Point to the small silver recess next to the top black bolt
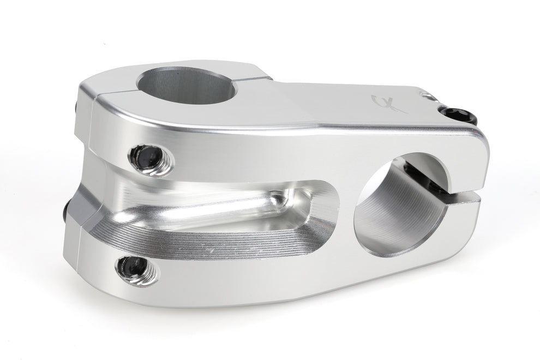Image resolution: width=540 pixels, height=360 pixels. (431, 97)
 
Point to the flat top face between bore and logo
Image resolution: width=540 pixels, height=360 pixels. (305, 104)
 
